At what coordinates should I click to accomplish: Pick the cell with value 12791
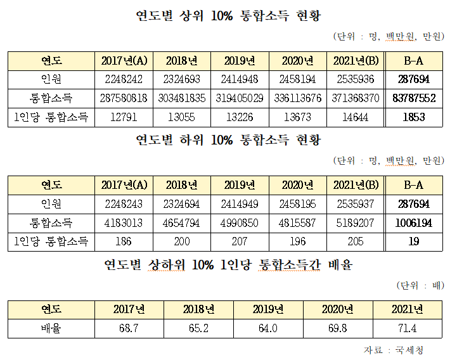[x=124, y=117]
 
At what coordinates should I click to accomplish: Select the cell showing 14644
[x=356, y=117]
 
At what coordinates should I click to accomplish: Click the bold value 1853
[x=414, y=117]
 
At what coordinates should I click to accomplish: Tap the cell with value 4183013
[x=124, y=222]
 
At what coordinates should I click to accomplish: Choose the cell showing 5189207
[x=356, y=222]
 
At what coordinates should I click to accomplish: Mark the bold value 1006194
[x=414, y=222]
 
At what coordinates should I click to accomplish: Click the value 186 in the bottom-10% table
[x=124, y=241]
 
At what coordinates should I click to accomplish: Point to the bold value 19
[x=414, y=241]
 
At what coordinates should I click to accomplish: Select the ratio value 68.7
[x=129, y=328]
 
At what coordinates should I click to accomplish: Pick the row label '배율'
[x=51, y=328]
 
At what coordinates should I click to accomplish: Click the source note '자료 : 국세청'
[x=394, y=349]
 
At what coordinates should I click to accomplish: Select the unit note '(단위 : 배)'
[x=420, y=285]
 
